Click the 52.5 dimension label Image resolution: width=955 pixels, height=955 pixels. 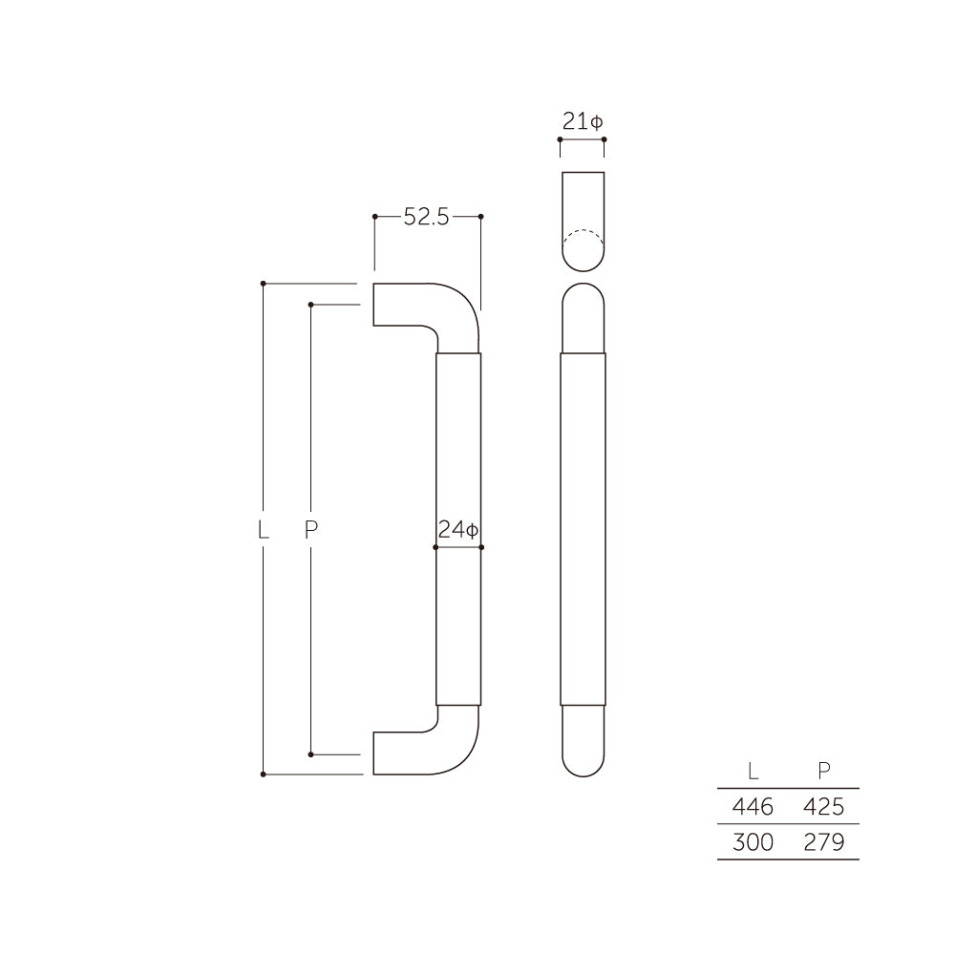[426, 217]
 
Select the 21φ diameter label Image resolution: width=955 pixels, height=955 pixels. [582, 122]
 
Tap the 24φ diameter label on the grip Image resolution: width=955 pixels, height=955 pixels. [458, 531]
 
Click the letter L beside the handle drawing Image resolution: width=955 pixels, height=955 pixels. [263, 529]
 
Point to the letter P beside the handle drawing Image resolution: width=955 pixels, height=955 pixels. [310, 529]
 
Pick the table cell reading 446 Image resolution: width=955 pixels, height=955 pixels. [753, 807]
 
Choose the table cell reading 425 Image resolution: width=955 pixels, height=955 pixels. [823, 807]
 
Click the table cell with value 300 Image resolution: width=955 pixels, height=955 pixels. [753, 842]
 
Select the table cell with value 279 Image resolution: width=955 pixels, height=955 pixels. [823, 842]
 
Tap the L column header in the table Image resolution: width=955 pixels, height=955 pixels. [753, 771]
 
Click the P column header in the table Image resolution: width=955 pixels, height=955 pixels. [824, 771]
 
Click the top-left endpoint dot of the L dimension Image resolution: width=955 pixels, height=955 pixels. [263, 284]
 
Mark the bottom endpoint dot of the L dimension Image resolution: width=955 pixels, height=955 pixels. [263, 774]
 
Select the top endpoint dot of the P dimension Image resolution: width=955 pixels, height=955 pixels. [310, 305]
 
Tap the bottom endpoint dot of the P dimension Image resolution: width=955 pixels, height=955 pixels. [310, 754]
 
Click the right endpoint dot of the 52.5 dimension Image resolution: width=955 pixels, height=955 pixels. [480, 217]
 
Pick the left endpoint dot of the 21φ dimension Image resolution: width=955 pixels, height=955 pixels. [560, 139]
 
